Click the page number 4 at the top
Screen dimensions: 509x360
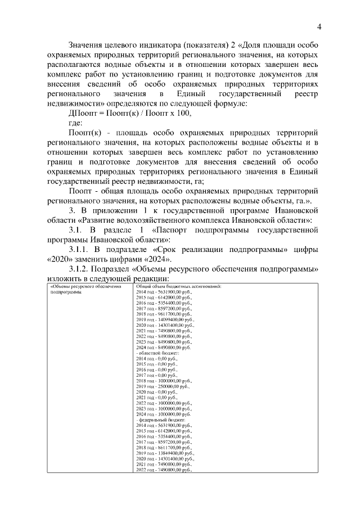pos(319,26)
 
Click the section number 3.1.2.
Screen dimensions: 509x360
pos(82,269)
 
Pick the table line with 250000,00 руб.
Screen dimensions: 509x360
pos(164,386)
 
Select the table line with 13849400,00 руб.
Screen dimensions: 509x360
pos(165,453)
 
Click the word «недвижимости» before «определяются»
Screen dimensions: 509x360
pos(73,103)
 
